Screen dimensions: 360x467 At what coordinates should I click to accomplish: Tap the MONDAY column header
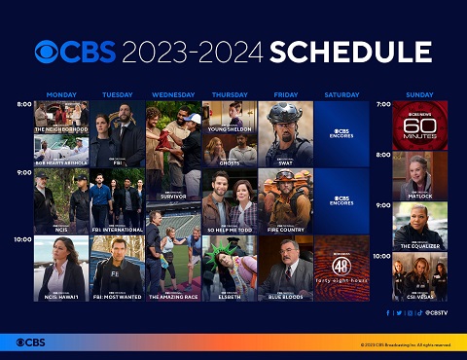[61, 94]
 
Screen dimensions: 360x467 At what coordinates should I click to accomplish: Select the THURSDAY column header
[229, 94]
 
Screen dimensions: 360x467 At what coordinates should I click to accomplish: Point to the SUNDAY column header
[419, 94]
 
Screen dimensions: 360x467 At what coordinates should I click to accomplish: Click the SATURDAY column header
[341, 94]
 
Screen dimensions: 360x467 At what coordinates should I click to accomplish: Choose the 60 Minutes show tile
[420, 125]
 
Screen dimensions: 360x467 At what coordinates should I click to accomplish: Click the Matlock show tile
[420, 175]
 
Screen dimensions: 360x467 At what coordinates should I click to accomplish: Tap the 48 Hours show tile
[342, 268]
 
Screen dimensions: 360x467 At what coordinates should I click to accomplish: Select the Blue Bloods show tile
[286, 268]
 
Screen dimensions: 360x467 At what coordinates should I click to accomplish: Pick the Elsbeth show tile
[230, 268]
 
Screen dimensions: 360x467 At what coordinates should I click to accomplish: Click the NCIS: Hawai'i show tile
[61, 268]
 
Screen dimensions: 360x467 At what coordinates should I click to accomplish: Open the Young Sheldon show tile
[230, 116]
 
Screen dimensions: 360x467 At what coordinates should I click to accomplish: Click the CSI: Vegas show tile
[420, 276]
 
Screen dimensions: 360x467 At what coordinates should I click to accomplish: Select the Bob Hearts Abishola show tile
[61, 150]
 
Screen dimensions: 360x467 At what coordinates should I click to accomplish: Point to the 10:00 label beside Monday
[23, 238]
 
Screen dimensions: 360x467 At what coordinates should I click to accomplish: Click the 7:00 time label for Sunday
[383, 104]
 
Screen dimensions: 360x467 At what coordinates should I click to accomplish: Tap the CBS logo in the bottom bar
[31, 342]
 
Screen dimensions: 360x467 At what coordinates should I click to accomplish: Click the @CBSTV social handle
[436, 312]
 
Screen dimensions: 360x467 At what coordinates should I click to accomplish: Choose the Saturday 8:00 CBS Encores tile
[342, 132]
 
